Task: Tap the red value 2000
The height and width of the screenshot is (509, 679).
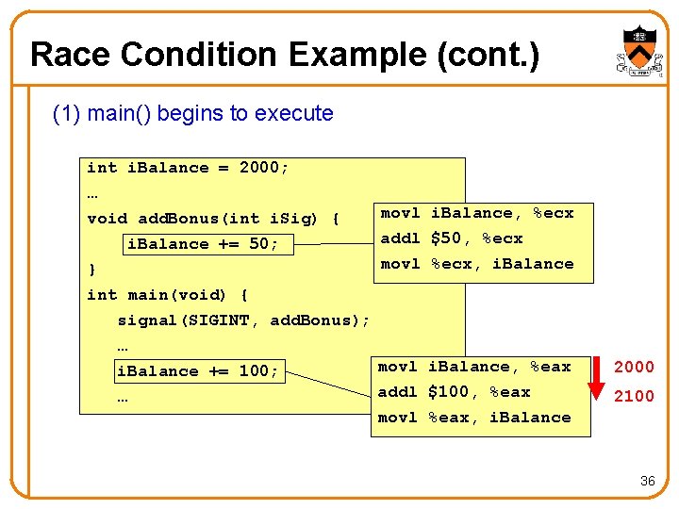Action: pyautogui.click(x=634, y=367)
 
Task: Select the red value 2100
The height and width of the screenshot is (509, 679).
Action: pyautogui.click(x=634, y=397)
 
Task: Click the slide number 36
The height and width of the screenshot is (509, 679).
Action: pyautogui.click(x=647, y=481)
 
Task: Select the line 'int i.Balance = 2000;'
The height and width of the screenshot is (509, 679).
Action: pyautogui.click(x=188, y=168)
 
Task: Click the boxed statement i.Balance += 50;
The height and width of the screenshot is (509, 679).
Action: pyautogui.click(x=203, y=244)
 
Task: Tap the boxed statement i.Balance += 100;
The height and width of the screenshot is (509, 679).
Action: pyautogui.click(x=197, y=371)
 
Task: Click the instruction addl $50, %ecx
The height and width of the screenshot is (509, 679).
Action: pyautogui.click(x=451, y=238)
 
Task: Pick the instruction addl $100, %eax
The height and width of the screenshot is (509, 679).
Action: pyautogui.click(x=454, y=392)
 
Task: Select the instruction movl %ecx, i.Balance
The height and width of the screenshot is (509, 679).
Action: pyautogui.click(x=476, y=264)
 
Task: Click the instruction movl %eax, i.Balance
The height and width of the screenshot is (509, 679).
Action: pyautogui.click(x=474, y=418)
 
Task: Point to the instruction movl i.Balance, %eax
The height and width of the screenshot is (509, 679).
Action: pyautogui.click(x=474, y=367)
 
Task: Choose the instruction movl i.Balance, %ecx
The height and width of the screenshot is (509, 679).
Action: pyautogui.click(x=476, y=213)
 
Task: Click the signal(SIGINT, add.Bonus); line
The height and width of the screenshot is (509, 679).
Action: pyautogui.click(x=243, y=320)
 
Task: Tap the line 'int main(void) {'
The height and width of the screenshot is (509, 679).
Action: pyautogui.click(x=167, y=295)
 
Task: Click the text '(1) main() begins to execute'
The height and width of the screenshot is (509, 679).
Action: pyautogui.click(x=193, y=113)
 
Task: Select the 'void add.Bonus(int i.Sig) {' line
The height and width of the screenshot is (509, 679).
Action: pyautogui.click(x=213, y=219)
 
